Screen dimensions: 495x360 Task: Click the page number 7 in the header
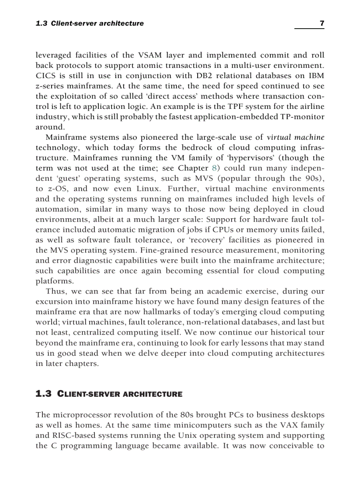322,23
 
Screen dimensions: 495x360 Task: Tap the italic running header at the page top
90,23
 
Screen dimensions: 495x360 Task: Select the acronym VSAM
149,55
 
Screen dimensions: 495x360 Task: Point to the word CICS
45,76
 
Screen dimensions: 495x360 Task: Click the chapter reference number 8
214,168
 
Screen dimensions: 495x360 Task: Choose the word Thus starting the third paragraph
56,291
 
